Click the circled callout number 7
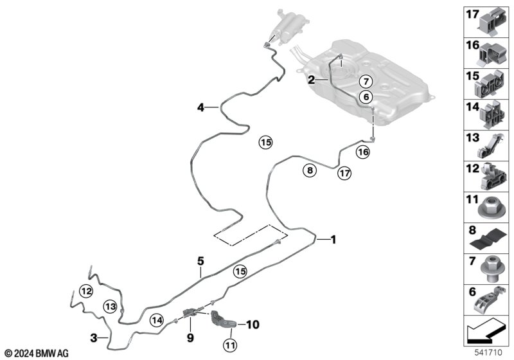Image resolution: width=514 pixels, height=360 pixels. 365,82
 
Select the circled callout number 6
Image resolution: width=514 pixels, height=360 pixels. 365,96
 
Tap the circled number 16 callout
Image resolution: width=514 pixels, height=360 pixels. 363,152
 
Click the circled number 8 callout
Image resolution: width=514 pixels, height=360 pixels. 310,170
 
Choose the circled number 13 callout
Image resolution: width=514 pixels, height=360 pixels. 111,307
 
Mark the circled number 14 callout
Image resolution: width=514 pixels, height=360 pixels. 157,319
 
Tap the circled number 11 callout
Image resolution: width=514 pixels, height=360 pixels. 231,346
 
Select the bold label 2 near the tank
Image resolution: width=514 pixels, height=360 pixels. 311,80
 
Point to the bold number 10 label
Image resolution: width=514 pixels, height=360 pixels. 252,325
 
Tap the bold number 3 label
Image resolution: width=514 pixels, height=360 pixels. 94,337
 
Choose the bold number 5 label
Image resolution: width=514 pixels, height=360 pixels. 200,260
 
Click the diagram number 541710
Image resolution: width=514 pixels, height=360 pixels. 493,353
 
